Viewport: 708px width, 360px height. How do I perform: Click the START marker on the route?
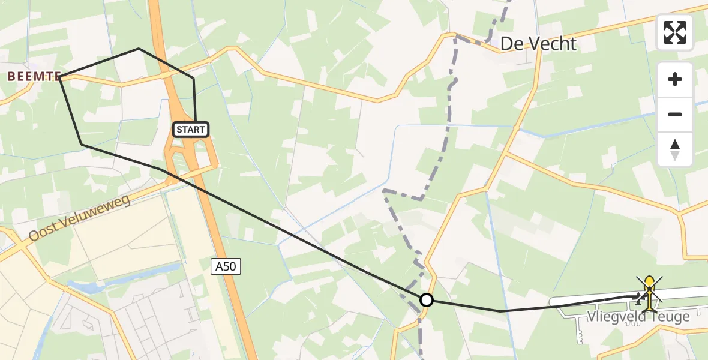[191, 129]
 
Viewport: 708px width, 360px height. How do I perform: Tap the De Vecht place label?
[538, 44]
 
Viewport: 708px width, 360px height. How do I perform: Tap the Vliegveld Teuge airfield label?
[638, 317]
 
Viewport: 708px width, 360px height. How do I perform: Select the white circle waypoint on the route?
[426, 299]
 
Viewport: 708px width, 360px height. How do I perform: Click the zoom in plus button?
[675, 79]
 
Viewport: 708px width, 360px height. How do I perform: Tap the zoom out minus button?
[675, 114]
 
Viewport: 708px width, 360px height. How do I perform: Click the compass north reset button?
[675, 149]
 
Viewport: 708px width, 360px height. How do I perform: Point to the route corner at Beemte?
[61, 77]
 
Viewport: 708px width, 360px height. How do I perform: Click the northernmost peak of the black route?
[139, 49]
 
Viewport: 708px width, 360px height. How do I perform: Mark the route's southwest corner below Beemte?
[82, 144]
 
